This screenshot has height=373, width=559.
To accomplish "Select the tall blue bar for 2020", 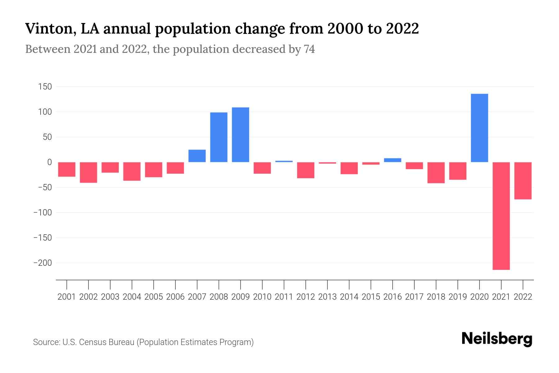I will (x=479, y=128).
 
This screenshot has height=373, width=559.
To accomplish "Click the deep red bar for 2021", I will (x=501, y=216).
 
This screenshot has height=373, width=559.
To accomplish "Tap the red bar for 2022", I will (x=523, y=181).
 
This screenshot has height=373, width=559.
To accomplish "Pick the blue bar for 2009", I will (x=240, y=135).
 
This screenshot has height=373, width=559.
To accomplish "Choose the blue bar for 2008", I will (x=219, y=137).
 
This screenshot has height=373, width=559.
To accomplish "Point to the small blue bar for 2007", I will (x=197, y=156).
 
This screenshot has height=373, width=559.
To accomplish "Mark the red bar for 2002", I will (x=89, y=172).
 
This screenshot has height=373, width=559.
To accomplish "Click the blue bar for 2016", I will (x=393, y=160).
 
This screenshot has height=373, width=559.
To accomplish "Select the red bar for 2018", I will (x=436, y=173).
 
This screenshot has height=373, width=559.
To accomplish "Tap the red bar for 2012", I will (x=306, y=170).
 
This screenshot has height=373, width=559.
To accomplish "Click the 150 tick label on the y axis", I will (x=45, y=87).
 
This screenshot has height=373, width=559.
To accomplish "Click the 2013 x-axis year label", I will (x=327, y=297).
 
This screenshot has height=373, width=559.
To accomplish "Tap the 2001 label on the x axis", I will (x=67, y=297).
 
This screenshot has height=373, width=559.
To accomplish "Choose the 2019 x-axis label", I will (x=458, y=297).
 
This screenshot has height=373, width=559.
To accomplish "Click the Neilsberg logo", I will (x=497, y=339).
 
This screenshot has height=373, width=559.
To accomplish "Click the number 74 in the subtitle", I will (x=309, y=49).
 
